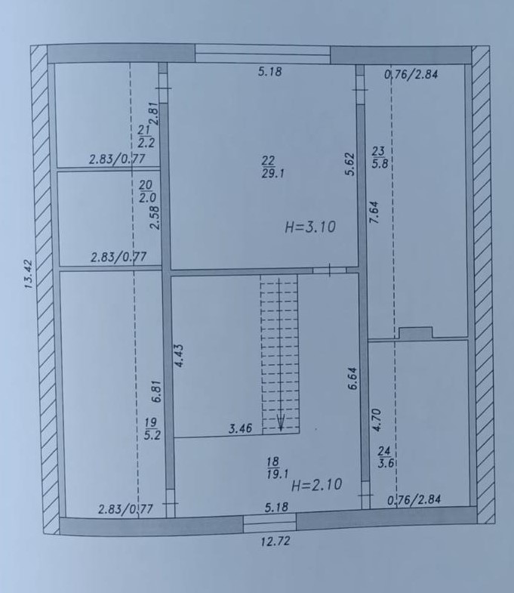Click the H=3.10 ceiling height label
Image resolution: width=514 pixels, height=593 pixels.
pyautogui.click(x=310, y=227)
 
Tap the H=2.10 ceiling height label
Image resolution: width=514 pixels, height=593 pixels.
pyautogui.click(x=317, y=484)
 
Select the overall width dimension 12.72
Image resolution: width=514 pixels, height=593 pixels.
pyautogui.click(x=275, y=541)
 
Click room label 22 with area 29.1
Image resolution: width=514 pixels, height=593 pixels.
pyautogui.click(x=272, y=167)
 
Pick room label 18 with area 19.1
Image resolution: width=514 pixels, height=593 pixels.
pyautogui.click(x=278, y=468)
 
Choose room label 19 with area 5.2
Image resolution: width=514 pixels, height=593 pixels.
pyautogui.click(x=152, y=428)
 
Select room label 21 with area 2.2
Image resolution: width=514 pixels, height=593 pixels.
pyautogui.click(x=146, y=136)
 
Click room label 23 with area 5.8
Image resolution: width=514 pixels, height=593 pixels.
pyautogui.click(x=379, y=157)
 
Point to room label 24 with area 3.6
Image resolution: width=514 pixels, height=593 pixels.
pyautogui.click(x=385, y=457)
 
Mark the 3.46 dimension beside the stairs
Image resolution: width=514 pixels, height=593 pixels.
pyautogui.click(x=240, y=429)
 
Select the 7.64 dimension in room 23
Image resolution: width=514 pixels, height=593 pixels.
pyautogui.click(x=374, y=212)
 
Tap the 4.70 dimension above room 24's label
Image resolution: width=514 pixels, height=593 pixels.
pyautogui.click(x=377, y=420)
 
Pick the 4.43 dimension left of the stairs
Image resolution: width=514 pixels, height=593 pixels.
pyautogui.click(x=179, y=356)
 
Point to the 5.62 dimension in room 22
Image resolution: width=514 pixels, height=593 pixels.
pyautogui.click(x=350, y=164)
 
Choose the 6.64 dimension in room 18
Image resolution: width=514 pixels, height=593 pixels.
pyautogui.click(x=352, y=378)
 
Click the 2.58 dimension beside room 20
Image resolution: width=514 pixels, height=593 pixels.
pyautogui.click(x=155, y=218)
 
